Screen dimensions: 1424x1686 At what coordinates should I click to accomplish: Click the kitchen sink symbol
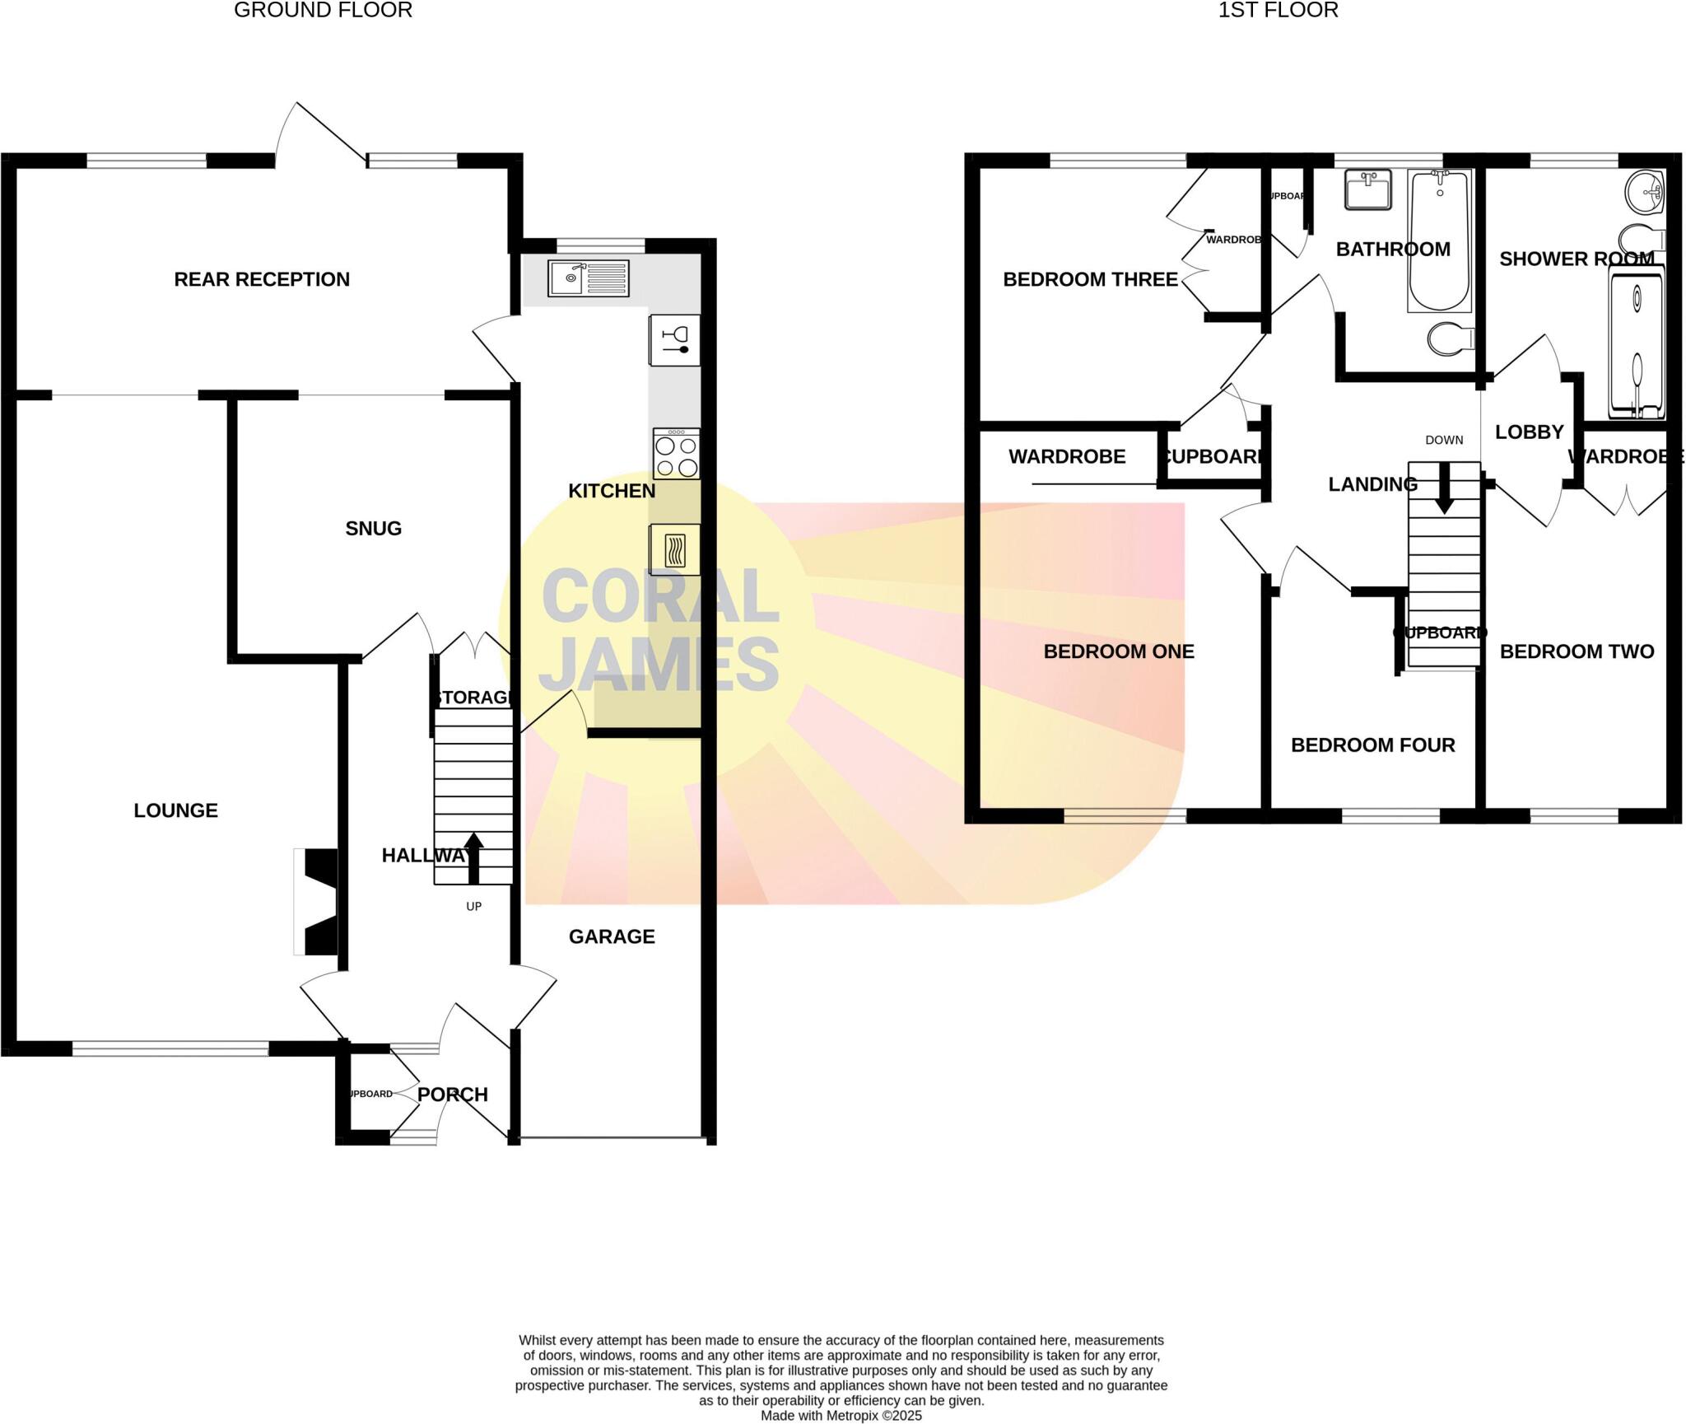tap(589, 278)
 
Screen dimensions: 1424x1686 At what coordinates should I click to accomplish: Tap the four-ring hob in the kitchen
tap(677, 454)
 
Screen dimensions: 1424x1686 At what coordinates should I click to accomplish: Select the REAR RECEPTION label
tap(262, 279)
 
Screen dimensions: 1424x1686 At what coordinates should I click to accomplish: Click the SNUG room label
tap(373, 529)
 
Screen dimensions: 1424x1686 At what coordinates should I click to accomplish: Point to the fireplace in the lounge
tap(317, 902)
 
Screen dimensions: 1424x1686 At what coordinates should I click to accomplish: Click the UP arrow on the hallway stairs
tap(474, 857)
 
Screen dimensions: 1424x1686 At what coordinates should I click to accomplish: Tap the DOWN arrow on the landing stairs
tap(1444, 488)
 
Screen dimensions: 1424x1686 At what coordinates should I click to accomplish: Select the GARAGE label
tap(612, 936)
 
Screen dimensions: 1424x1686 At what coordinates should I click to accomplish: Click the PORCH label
tap(453, 1095)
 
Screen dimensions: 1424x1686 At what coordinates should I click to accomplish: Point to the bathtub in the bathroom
tap(1439, 240)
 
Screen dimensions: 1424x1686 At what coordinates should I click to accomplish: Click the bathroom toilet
tap(1451, 338)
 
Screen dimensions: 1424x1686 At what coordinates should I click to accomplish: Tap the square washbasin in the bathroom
tap(1368, 189)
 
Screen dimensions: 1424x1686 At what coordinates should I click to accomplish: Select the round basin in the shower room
tap(1646, 193)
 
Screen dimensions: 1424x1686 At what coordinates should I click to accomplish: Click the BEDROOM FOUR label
tap(1372, 745)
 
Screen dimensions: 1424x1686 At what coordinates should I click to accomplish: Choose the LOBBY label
tap(1529, 432)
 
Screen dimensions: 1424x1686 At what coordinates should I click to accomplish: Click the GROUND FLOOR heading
tap(323, 11)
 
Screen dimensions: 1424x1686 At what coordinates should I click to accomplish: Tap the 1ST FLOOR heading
tap(1278, 11)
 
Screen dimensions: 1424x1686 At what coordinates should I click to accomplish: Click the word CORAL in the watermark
tap(659, 596)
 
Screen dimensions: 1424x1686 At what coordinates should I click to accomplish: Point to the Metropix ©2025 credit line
tap(841, 1416)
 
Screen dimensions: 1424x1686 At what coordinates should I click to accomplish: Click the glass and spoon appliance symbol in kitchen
tap(675, 340)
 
